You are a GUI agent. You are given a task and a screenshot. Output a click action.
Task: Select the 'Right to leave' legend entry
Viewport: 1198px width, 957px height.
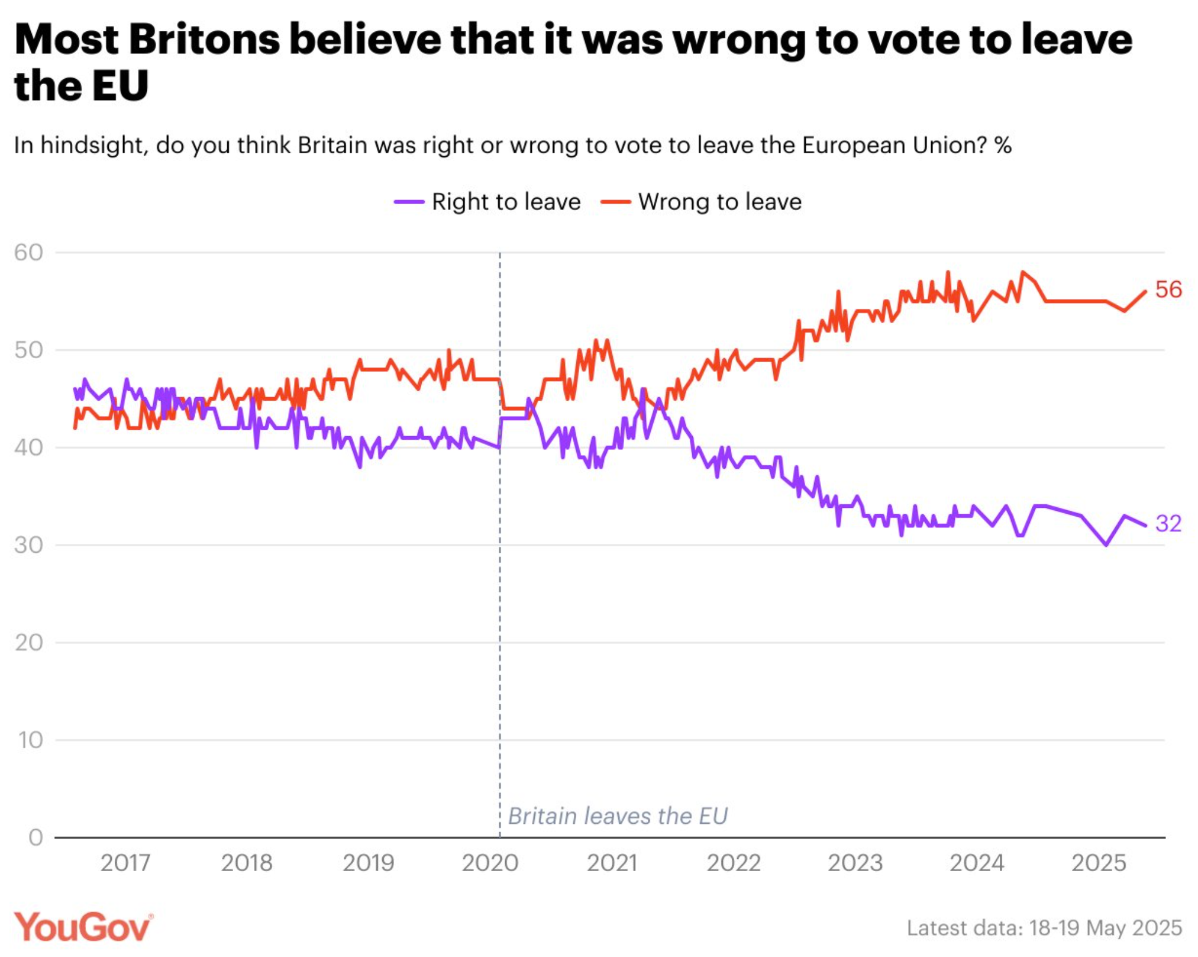(487, 202)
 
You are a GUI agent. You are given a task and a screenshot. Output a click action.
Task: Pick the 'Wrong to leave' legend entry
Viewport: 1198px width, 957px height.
(701, 202)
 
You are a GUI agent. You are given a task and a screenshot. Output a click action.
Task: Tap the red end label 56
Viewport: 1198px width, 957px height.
(1168, 289)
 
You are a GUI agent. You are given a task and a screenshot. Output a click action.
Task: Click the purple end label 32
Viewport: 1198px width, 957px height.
(1168, 523)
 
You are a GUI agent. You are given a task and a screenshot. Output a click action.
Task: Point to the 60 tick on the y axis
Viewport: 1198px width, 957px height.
(29, 253)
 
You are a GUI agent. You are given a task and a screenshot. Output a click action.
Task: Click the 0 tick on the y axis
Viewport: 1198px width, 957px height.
(35, 837)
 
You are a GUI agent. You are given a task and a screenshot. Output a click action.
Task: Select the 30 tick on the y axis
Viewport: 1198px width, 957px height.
(29, 544)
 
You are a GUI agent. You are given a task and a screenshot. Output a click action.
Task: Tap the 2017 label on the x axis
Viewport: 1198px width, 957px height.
(125, 863)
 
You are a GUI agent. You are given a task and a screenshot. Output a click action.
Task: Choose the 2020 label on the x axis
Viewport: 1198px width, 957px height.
(490, 863)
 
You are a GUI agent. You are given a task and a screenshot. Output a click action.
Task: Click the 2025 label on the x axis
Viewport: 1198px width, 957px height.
(1099, 863)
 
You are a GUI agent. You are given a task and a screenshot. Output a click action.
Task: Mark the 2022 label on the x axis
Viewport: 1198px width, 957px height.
(734, 863)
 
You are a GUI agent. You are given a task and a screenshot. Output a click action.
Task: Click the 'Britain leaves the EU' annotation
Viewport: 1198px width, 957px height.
(618, 816)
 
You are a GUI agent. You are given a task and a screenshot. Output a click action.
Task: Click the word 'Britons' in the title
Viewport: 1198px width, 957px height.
(204, 40)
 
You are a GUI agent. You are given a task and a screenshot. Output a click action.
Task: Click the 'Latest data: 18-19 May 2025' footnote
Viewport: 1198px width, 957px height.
(1044, 927)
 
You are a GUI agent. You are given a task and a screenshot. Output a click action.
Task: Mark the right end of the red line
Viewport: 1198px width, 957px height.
(1146, 291)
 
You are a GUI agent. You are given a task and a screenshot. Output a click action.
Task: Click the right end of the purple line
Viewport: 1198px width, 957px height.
(1146, 526)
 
